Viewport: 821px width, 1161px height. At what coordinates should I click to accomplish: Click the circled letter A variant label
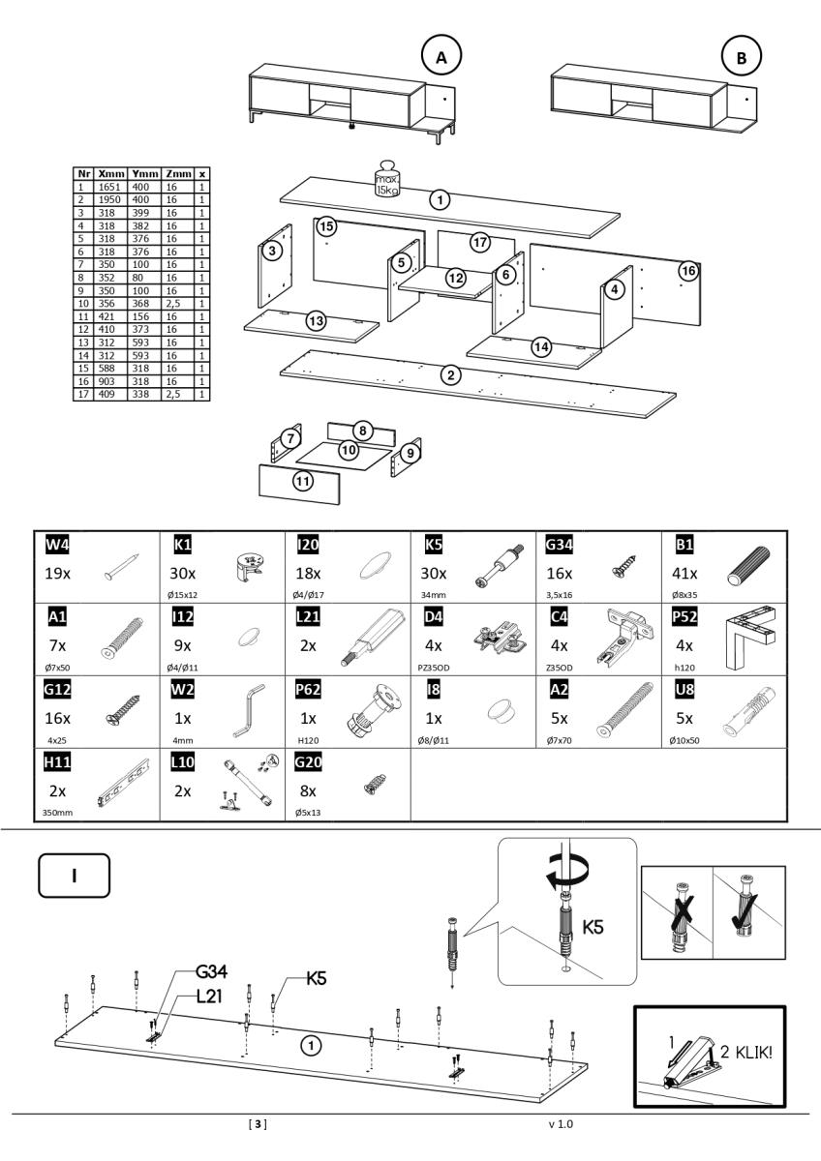click(442, 57)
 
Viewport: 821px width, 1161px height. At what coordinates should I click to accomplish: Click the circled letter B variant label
click(742, 57)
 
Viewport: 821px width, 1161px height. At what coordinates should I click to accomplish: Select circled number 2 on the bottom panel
click(449, 375)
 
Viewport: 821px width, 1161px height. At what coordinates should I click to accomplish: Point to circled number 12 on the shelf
click(455, 277)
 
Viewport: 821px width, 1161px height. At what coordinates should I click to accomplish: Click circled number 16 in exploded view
click(687, 270)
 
